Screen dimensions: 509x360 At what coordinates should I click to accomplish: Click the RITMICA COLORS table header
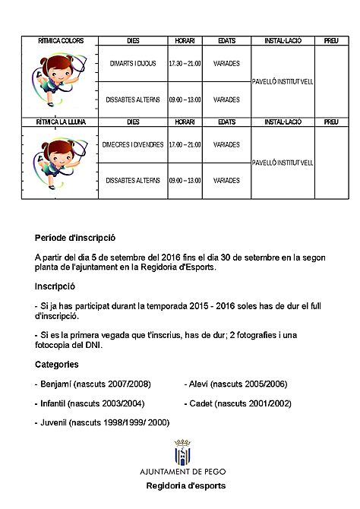pyautogui.click(x=61, y=40)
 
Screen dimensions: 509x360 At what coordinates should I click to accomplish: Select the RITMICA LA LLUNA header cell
pyautogui.click(x=61, y=122)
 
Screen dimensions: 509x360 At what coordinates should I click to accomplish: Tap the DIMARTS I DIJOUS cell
pyautogui.click(x=133, y=64)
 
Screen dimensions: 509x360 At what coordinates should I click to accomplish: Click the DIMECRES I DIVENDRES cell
pyautogui.click(x=133, y=144)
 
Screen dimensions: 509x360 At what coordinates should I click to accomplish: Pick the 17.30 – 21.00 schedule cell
pyautogui.click(x=185, y=64)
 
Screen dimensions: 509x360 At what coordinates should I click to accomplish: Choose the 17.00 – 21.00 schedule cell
pyautogui.click(x=185, y=144)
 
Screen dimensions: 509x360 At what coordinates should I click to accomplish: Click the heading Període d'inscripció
pyautogui.click(x=75, y=238)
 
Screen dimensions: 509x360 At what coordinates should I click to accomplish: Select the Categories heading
pyautogui.click(x=56, y=364)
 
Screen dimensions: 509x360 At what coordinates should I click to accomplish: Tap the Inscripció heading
pyautogui.click(x=56, y=288)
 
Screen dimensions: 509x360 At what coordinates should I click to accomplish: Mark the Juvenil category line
pyautogui.click(x=102, y=422)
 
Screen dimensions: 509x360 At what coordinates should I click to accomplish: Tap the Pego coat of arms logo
pyautogui.click(x=182, y=453)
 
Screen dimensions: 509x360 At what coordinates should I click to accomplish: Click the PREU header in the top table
pyautogui.click(x=331, y=40)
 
